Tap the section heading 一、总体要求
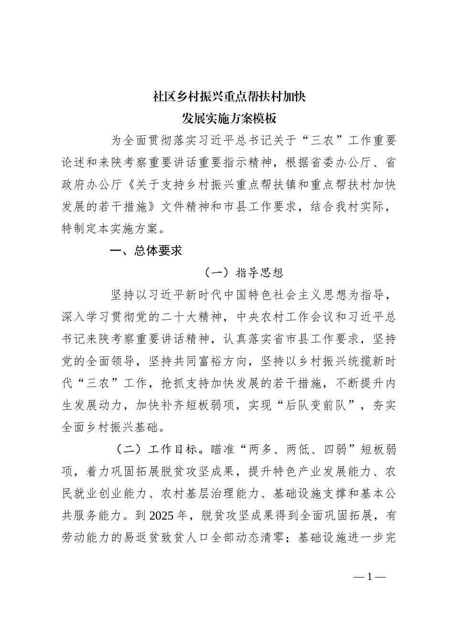(146, 251)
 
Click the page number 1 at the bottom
(369, 576)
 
